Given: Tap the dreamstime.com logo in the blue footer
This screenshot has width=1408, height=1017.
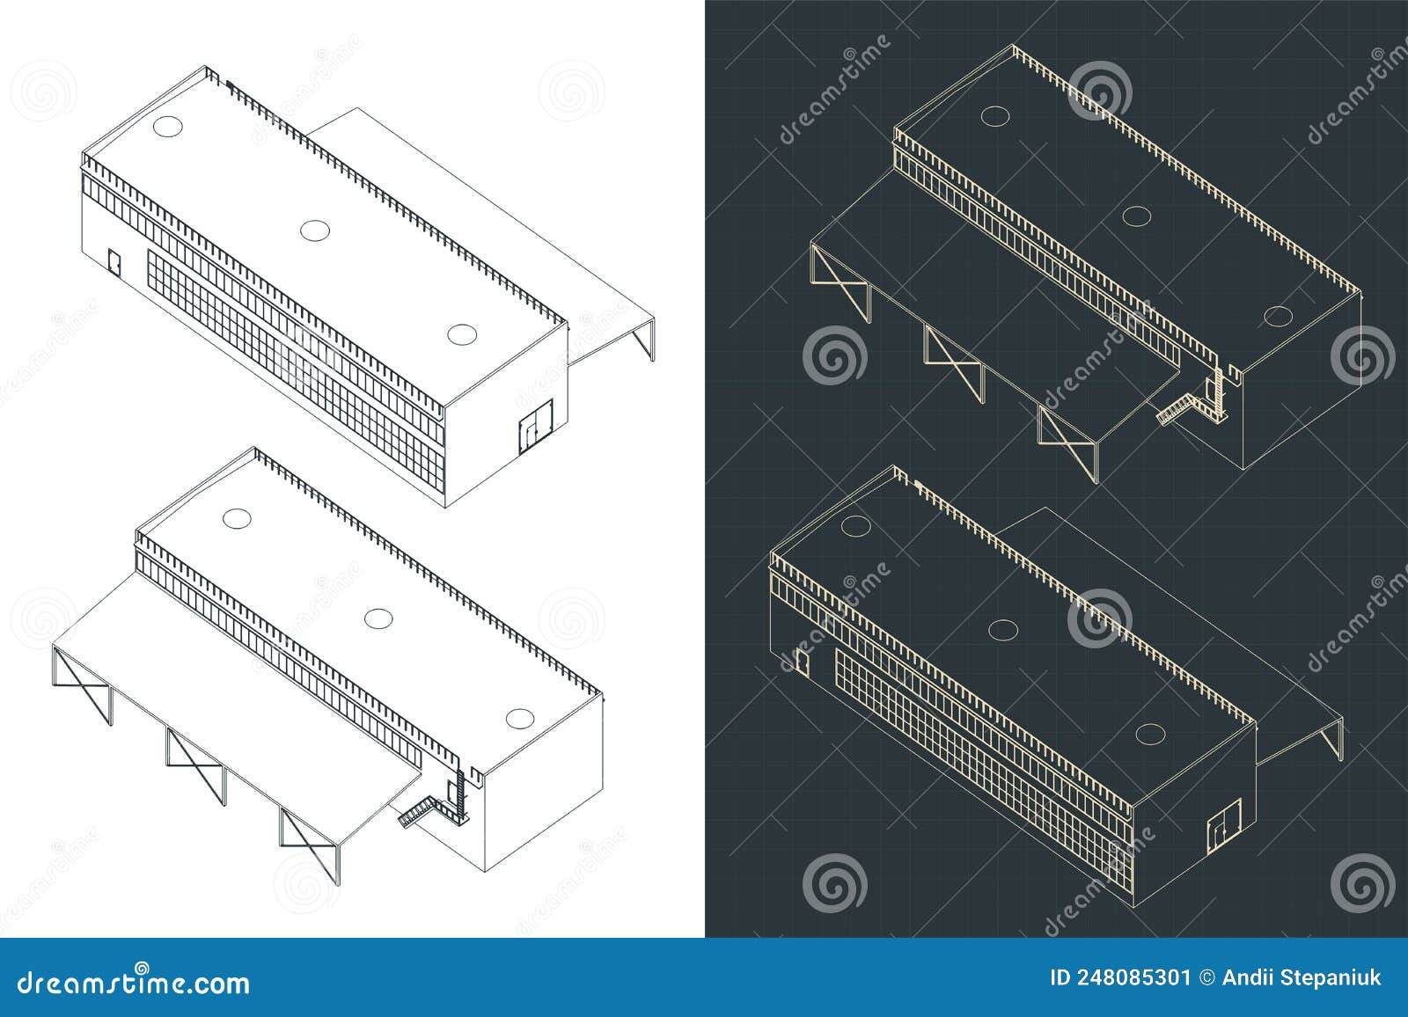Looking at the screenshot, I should click(127, 981).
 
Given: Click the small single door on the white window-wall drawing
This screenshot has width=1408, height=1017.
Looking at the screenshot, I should click(114, 260).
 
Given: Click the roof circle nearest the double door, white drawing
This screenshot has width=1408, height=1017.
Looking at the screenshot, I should click(461, 334).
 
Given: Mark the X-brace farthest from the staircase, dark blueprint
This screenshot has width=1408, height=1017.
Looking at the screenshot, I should click(838, 280).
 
